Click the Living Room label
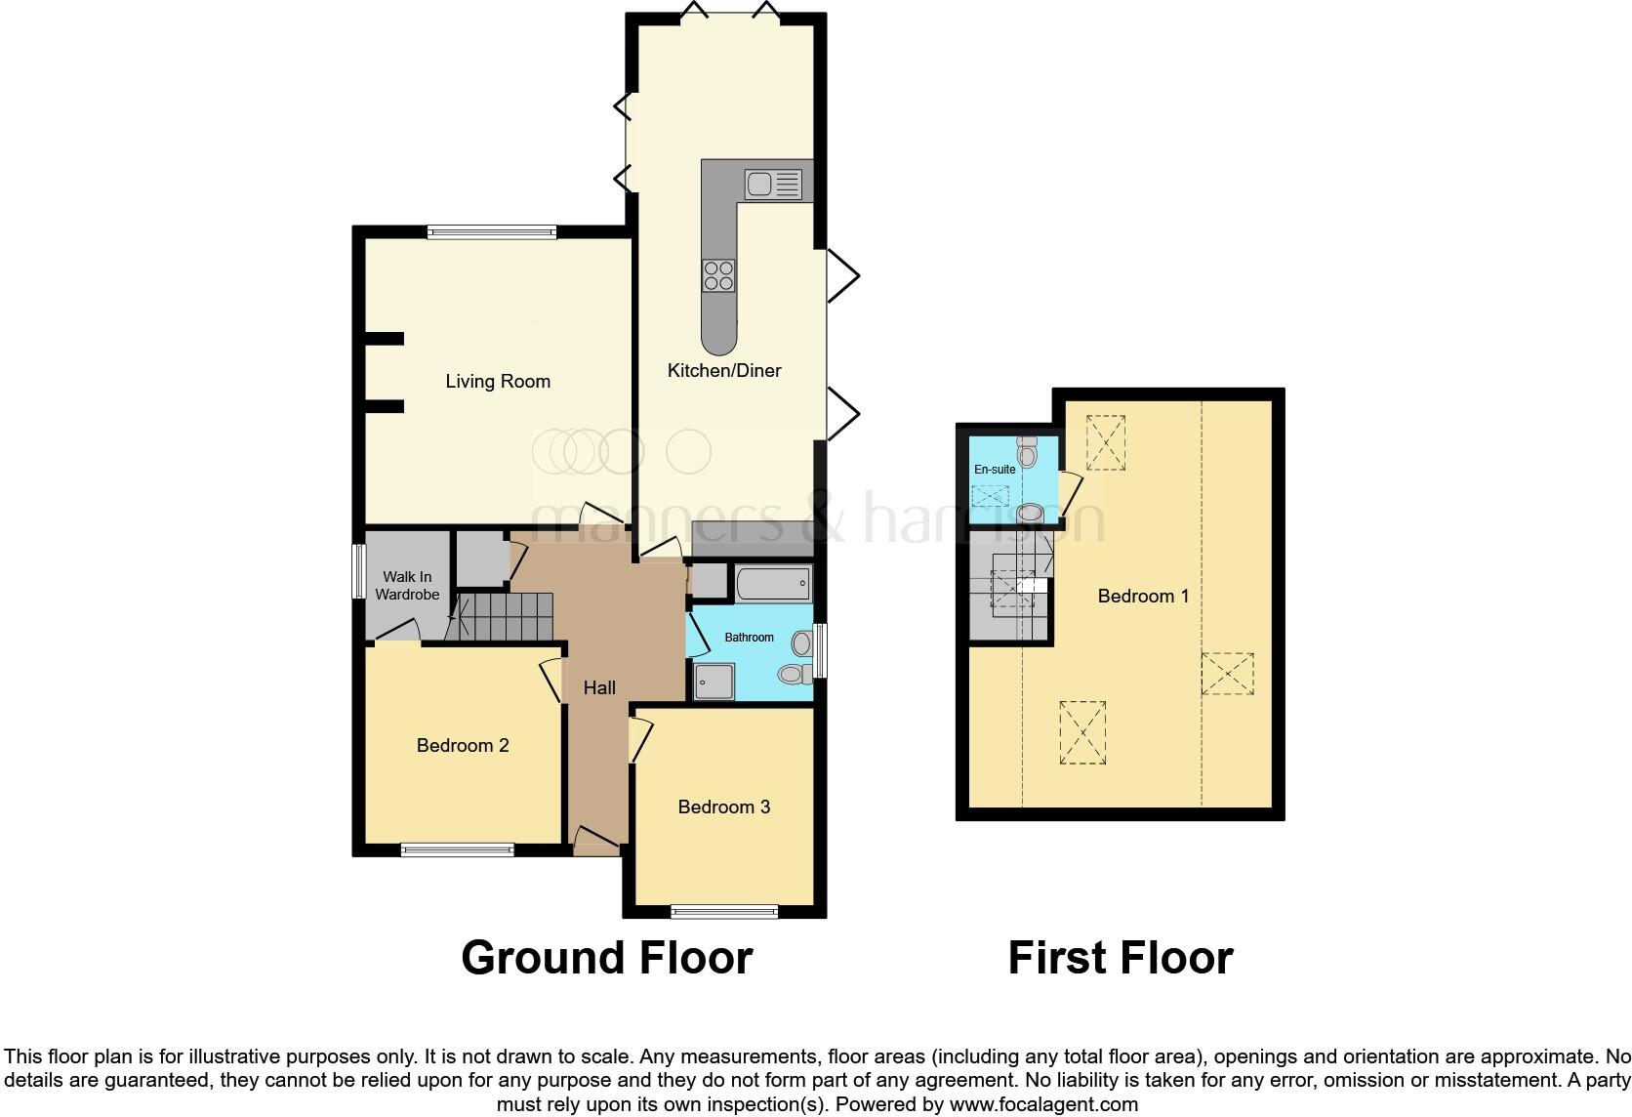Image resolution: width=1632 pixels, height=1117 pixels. coord(498,382)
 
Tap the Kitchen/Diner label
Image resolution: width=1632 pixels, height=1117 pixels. coord(724,371)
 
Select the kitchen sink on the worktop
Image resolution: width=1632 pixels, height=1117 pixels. coord(772,184)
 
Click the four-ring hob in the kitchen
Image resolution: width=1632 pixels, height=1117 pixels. coord(719,275)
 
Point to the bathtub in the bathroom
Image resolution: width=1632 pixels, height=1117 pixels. coord(773,585)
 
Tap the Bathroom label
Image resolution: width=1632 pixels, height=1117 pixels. coord(749,638)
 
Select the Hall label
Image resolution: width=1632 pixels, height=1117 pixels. coord(599,688)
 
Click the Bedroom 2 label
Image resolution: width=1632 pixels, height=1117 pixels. coord(463,746)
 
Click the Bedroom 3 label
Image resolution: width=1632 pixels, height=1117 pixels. coord(724,807)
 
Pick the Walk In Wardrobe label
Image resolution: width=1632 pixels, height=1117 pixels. coord(407,586)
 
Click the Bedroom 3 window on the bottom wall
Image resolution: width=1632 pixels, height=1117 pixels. coord(724,912)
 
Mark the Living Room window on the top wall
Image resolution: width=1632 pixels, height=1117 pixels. coord(491,232)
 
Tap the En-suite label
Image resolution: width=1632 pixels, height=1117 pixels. coord(995,470)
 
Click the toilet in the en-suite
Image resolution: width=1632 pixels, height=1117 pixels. coord(1027,452)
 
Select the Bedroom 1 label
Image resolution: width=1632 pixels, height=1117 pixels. coord(1143,597)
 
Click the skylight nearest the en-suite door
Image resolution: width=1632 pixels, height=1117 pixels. coord(1105,442)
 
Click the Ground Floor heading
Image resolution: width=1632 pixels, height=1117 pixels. coord(606,958)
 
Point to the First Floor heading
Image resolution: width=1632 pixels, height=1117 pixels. coord(1120,958)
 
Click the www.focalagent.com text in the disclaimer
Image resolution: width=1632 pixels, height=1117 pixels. coord(1042,1105)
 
